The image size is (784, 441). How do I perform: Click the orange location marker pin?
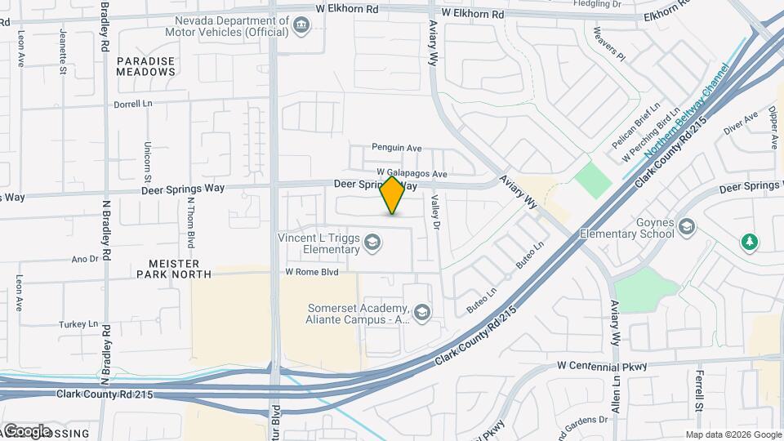pos(393,195)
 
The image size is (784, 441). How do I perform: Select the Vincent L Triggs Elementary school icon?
pos(372,241)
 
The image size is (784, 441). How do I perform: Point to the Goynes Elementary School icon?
pos(686,225)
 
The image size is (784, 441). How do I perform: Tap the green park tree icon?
pos(749,243)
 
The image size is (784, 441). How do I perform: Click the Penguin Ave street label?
pos(396,148)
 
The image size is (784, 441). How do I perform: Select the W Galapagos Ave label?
pos(412,174)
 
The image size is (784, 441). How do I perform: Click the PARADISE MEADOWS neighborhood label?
pos(146,66)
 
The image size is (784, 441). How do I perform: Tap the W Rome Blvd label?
pos(311,272)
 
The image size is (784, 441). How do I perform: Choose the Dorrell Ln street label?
pos(134,105)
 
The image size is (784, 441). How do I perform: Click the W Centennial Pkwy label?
pos(602,367)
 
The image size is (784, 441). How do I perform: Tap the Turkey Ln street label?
pos(78,324)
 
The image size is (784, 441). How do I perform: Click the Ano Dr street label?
pos(85,259)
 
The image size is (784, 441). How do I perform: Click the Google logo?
pos(27,431)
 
